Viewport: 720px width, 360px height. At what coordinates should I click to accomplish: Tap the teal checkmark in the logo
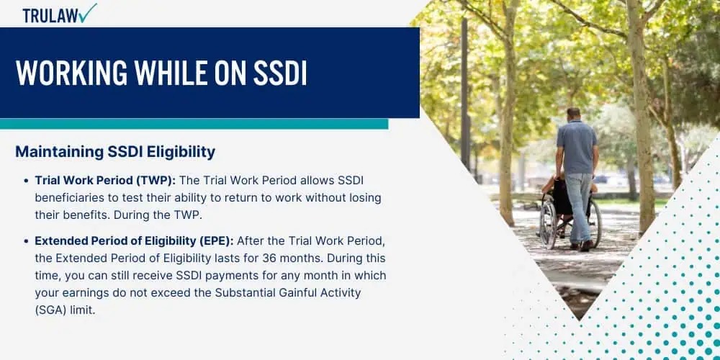click(x=88, y=13)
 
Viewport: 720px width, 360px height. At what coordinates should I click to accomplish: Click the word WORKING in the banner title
click(x=71, y=73)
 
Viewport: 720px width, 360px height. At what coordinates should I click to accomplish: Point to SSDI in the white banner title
click(x=280, y=73)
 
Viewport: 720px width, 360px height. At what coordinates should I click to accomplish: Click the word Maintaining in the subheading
click(x=58, y=152)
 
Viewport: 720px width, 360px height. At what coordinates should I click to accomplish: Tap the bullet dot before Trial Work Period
click(x=26, y=181)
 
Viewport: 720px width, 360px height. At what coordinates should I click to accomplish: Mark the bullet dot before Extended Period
click(x=26, y=241)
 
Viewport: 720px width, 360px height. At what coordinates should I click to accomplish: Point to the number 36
click(x=269, y=258)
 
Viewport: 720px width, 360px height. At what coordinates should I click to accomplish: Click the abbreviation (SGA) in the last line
click(x=50, y=310)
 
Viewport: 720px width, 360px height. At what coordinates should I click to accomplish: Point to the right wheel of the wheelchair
click(x=595, y=224)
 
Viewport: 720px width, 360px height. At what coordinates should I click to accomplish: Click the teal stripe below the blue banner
click(x=194, y=124)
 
